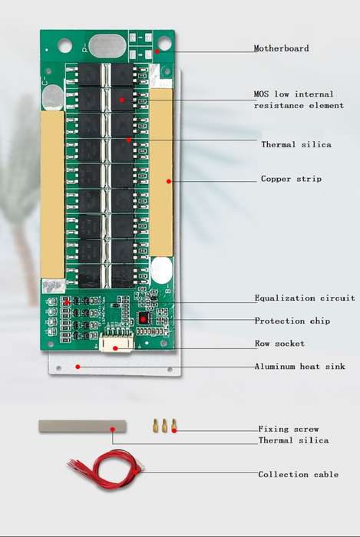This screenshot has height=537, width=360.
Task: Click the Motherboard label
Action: [281, 48]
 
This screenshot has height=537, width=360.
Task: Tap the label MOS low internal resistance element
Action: [299, 100]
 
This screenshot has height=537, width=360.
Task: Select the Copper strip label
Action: [291, 179]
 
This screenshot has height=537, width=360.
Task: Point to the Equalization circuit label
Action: [305, 298]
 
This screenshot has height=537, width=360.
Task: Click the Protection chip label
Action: [292, 321]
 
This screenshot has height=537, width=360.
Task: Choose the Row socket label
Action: [279, 344]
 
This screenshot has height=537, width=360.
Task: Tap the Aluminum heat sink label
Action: [299, 367]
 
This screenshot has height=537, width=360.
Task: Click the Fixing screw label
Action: [289, 429]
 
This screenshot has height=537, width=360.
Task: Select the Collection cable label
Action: [299, 474]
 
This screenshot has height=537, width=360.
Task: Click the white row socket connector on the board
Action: [116, 344]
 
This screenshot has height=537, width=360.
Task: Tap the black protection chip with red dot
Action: [144, 319]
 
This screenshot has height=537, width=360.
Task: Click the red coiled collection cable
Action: [106, 469]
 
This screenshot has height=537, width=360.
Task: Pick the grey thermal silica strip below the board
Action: [82, 427]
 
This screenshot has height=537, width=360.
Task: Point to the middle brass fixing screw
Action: [165, 425]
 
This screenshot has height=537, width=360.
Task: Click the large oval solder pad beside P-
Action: [107, 45]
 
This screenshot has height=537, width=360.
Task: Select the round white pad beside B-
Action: [161, 271]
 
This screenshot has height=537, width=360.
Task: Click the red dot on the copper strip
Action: [169, 181]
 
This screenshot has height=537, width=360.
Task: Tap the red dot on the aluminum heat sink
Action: [78, 367]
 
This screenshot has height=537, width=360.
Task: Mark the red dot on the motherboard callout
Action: [157, 51]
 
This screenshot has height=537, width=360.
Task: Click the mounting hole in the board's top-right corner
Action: [164, 43]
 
